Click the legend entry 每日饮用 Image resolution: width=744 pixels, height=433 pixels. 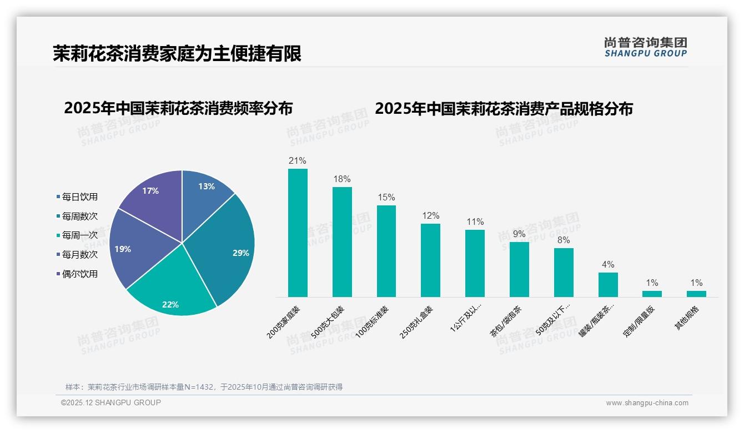[x=79, y=197]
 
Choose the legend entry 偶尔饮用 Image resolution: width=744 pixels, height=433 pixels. [x=79, y=274]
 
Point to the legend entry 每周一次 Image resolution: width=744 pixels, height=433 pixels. [x=79, y=235]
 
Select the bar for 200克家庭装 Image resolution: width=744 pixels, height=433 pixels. [x=298, y=233]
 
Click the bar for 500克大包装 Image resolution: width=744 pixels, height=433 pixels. [x=342, y=242]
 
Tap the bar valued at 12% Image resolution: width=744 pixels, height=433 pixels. [x=430, y=260]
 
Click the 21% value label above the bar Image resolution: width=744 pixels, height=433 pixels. [x=298, y=161]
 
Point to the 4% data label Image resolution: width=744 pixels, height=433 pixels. [x=608, y=265]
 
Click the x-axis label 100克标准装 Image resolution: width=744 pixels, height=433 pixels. [x=380, y=322]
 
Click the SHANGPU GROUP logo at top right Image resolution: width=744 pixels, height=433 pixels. [x=645, y=47]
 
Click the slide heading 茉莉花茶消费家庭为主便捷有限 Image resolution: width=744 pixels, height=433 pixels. [x=177, y=53]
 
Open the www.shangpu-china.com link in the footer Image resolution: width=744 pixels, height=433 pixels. [x=647, y=403]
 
